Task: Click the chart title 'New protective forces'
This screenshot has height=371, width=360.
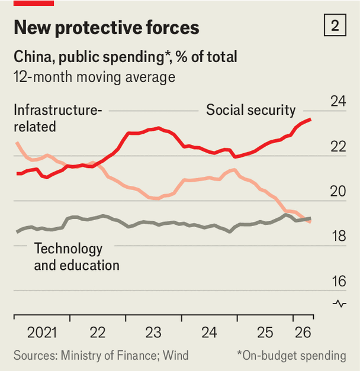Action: point(107,27)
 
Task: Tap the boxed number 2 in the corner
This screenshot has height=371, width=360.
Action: point(335,25)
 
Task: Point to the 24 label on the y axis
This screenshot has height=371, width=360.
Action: point(338,102)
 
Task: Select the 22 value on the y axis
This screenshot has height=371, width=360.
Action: point(338,147)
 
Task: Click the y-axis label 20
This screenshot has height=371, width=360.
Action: point(338,191)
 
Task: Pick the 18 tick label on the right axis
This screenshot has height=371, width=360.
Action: point(339,236)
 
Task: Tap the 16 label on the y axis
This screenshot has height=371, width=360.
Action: point(339,281)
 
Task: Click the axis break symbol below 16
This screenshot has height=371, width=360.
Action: point(339,304)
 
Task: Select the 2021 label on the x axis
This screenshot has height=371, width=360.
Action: point(42,333)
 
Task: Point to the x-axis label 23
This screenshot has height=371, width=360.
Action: point(153,333)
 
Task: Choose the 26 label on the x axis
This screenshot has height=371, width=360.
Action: point(303,333)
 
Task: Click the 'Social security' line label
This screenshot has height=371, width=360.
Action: point(251,110)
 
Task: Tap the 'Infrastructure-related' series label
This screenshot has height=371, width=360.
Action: point(58,118)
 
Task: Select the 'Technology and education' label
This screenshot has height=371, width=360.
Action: point(77,256)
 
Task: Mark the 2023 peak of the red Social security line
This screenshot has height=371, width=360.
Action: point(159,128)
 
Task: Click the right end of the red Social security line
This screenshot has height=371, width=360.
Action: point(310,120)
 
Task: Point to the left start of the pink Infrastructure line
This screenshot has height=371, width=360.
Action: point(17,143)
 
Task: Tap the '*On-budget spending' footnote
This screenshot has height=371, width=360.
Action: point(291,356)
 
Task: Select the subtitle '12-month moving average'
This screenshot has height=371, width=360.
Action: point(95,77)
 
